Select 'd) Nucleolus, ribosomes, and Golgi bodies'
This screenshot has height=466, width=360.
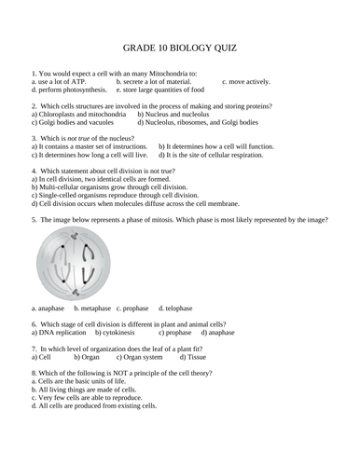click(199, 122)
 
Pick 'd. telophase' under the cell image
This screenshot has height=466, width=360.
click(174, 308)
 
